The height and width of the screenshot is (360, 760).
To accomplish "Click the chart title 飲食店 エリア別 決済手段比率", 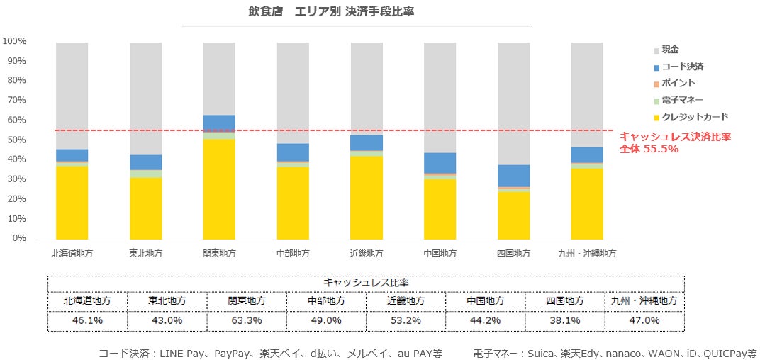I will (x=357, y=12).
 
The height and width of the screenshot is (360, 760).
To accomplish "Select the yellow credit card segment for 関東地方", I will (x=219, y=189).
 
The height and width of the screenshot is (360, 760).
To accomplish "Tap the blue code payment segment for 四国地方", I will (x=513, y=176).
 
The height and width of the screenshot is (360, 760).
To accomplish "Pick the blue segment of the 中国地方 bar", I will (x=440, y=163).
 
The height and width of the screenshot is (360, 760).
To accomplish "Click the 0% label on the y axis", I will (x=18, y=239).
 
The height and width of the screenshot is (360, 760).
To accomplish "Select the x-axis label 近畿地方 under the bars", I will (x=366, y=254).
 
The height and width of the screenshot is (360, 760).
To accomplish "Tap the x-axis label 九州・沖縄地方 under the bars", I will (x=587, y=254).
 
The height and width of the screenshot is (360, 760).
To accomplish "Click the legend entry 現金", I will (x=670, y=50).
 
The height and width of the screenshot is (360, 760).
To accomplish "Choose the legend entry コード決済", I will (x=682, y=67).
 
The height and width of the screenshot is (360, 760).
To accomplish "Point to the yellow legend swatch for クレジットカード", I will (x=656, y=118).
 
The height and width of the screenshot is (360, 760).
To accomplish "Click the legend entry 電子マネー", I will (x=682, y=101).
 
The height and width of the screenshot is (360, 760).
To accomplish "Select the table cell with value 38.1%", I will (x=565, y=320).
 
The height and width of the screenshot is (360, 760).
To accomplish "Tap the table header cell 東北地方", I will (x=167, y=300).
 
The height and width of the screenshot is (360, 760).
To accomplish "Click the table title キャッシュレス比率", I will (x=365, y=282).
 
